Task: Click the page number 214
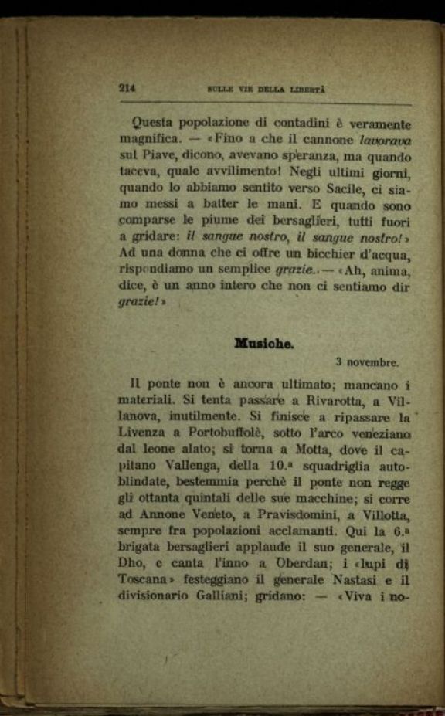point(127,88)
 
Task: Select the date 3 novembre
point(367,361)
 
